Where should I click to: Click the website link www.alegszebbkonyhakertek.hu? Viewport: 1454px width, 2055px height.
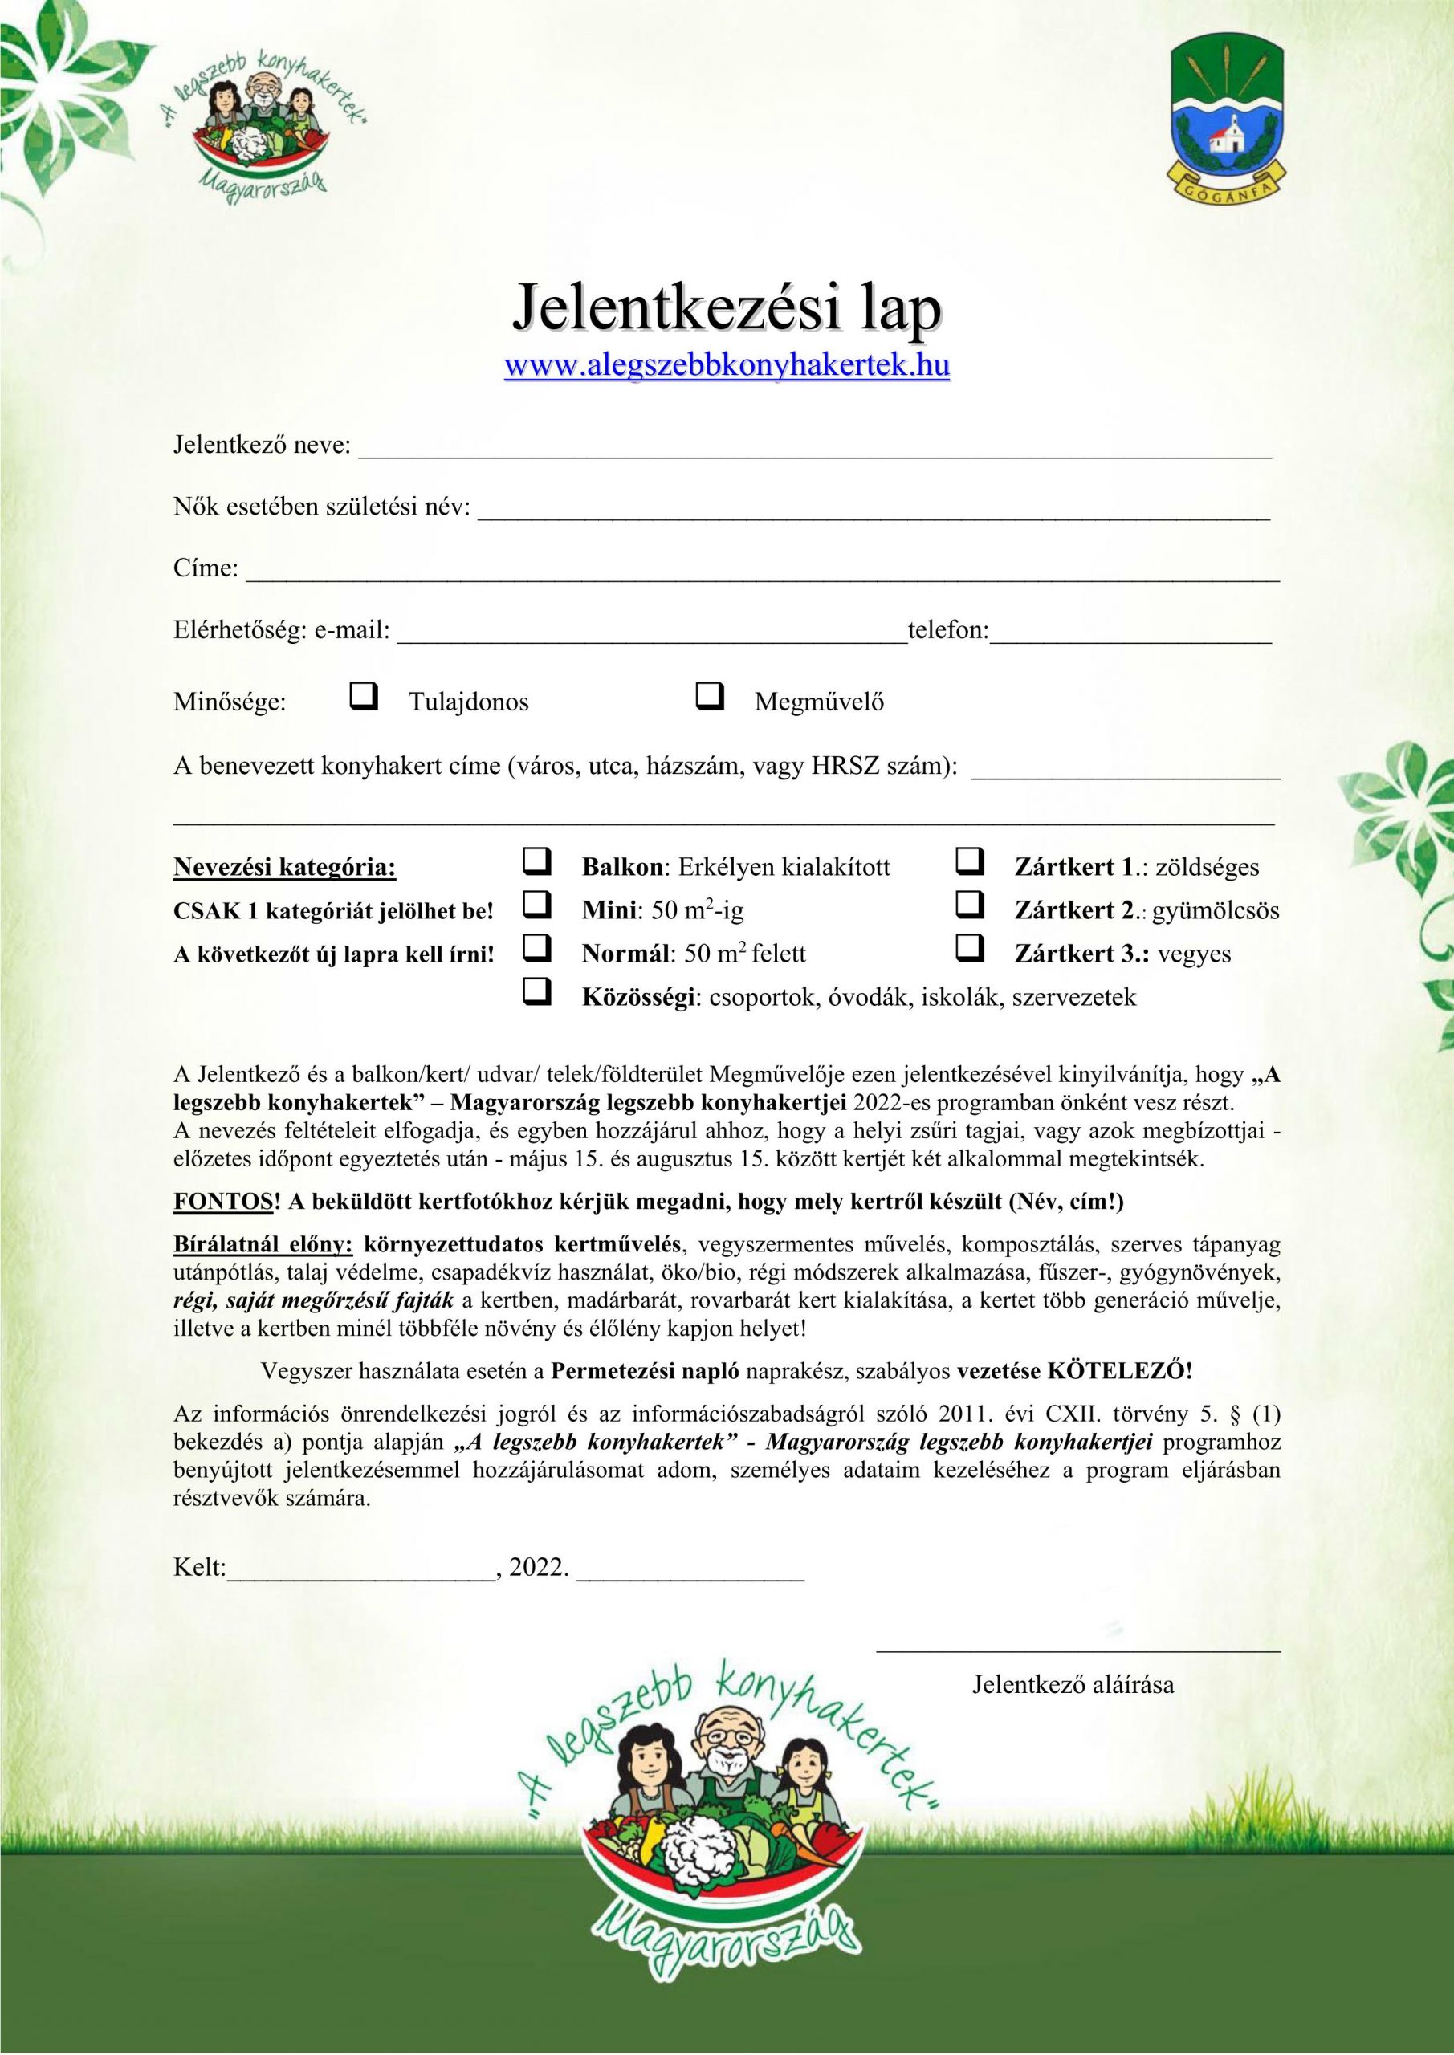tap(727, 366)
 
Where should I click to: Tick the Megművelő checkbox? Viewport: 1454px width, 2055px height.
tap(709, 695)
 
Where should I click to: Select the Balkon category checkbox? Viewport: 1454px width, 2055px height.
tap(536, 863)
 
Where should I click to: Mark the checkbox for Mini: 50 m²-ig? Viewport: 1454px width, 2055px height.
tap(536, 905)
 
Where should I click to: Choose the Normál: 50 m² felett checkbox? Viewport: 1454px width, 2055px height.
tap(536, 948)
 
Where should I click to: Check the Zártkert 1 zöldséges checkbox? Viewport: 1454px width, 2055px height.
tap(970, 863)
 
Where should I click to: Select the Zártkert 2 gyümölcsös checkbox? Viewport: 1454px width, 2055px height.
tap(970, 905)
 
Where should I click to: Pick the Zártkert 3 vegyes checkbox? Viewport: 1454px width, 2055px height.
tap(970, 948)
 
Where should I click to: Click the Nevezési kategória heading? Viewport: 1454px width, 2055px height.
tap(285, 867)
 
